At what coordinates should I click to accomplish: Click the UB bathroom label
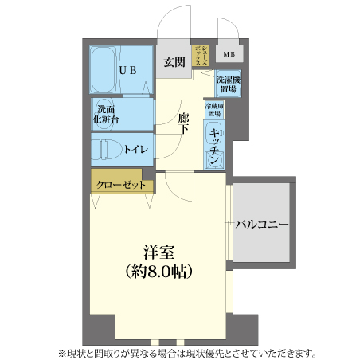tap(129, 70)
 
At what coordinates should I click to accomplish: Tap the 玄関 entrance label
tap(175, 61)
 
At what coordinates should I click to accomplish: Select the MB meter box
tap(229, 54)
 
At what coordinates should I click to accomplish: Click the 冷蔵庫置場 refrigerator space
tap(214, 110)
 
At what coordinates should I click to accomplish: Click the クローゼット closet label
tap(121, 184)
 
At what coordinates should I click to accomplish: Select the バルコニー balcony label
tap(260, 225)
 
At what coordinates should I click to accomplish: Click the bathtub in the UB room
tap(104, 70)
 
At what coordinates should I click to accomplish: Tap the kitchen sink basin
tap(213, 160)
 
